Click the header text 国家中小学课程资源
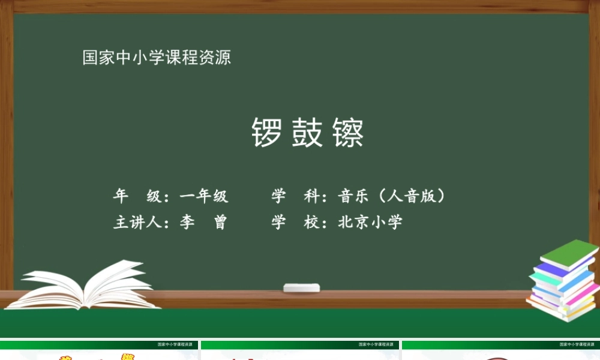coord(157,58)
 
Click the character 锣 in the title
coord(266,133)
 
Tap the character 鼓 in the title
coord(307,133)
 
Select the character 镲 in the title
coord(347,133)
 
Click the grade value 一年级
coord(204,196)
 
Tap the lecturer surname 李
coord(187,223)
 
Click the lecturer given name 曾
coord(220,223)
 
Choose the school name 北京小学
coord(370,223)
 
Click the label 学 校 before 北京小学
coord(295,223)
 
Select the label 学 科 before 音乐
coord(295,196)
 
